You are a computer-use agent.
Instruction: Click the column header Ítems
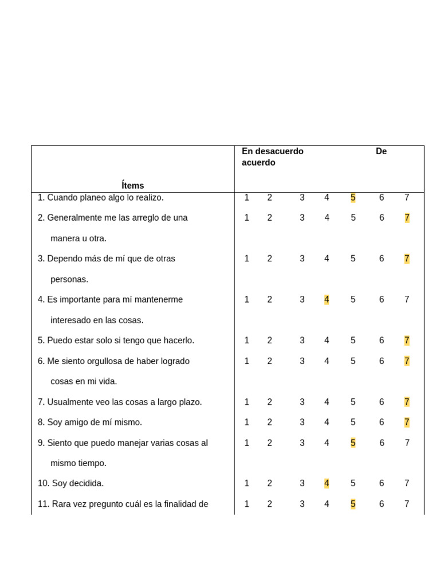coord(132,186)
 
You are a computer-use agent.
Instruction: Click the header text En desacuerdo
coord(272,151)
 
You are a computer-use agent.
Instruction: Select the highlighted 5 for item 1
coord(353,198)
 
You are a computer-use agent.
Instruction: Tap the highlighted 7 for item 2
coord(407,218)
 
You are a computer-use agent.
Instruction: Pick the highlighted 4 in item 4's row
coord(327,299)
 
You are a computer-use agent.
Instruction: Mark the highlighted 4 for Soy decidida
coord(327,483)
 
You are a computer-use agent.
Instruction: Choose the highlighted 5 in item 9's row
coord(353,443)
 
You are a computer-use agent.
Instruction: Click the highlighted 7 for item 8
coord(407,422)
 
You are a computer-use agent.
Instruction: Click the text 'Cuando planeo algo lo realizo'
coord(105,198)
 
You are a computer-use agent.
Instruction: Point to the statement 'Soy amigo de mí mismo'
coord(95,422)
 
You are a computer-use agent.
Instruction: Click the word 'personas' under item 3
coord(69,279)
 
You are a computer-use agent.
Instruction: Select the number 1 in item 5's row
coord(247,341)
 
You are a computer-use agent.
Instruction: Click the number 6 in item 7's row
coord(382,402)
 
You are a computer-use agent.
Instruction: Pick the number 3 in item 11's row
coord(302,504)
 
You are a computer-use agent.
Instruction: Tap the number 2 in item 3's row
coord(269,259)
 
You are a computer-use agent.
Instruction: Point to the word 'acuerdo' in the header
coord(258,163)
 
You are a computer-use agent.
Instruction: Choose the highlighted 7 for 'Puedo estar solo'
coord(407,341)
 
